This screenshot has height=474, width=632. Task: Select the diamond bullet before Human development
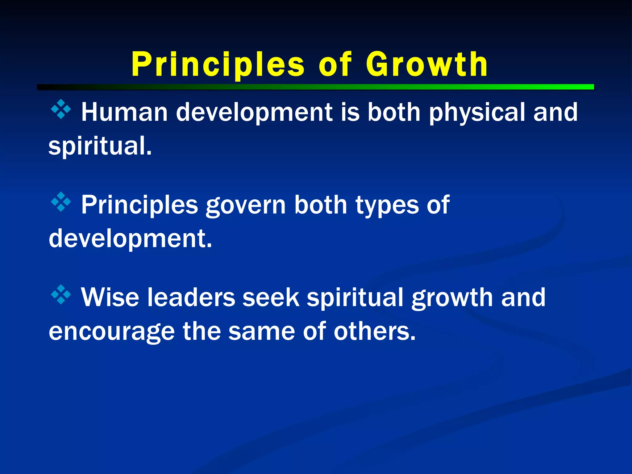coord(61,109)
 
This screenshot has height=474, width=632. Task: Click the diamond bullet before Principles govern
coord(61,202)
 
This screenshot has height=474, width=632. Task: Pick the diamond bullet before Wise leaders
coord(61,294)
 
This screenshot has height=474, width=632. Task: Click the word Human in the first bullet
coord(124,112)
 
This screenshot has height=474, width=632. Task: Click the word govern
coord(246,205)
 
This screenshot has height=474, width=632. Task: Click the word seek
coord(271,297)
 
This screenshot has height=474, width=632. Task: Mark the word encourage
coord(112,332)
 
